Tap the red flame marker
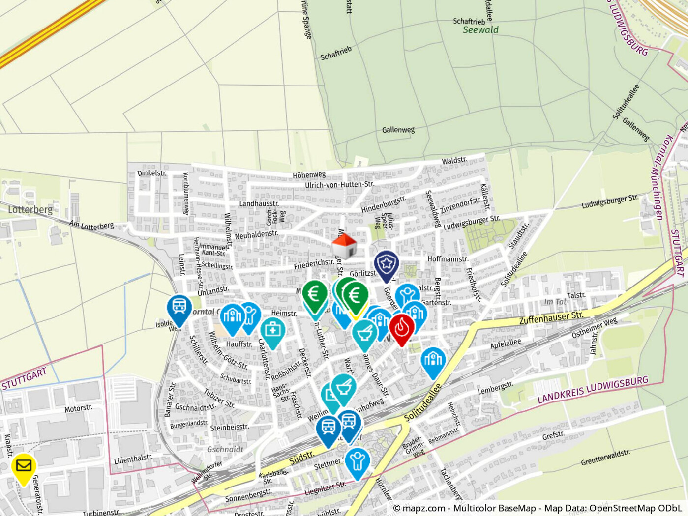(401, 328)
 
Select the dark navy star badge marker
(387, 265)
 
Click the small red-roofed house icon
(344, 246)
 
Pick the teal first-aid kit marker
(272, 331)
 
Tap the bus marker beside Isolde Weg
(179, 308)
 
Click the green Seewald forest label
(480, 30)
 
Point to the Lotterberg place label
(30, 210)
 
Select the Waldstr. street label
(454, 161)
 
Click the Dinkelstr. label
(152, 173)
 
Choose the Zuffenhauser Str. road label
(551, 317)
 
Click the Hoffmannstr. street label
(448, 258)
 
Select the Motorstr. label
(78, 408)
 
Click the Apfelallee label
(505, 343)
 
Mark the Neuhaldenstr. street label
(256, 235)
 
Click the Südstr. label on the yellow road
(301, 458)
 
